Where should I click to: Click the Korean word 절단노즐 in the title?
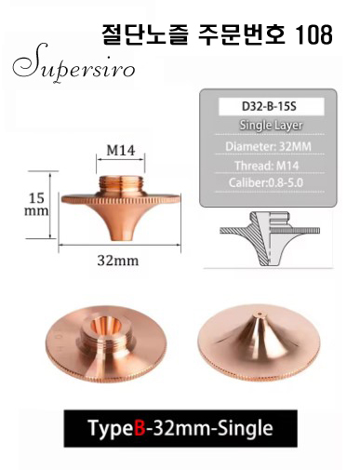145,34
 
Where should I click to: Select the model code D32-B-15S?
269,106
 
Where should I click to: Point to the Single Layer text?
271,126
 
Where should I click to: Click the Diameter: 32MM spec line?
268,146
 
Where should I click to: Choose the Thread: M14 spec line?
266,166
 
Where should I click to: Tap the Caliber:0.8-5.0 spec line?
266,182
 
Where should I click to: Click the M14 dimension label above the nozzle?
121,151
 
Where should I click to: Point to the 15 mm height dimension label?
36,204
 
